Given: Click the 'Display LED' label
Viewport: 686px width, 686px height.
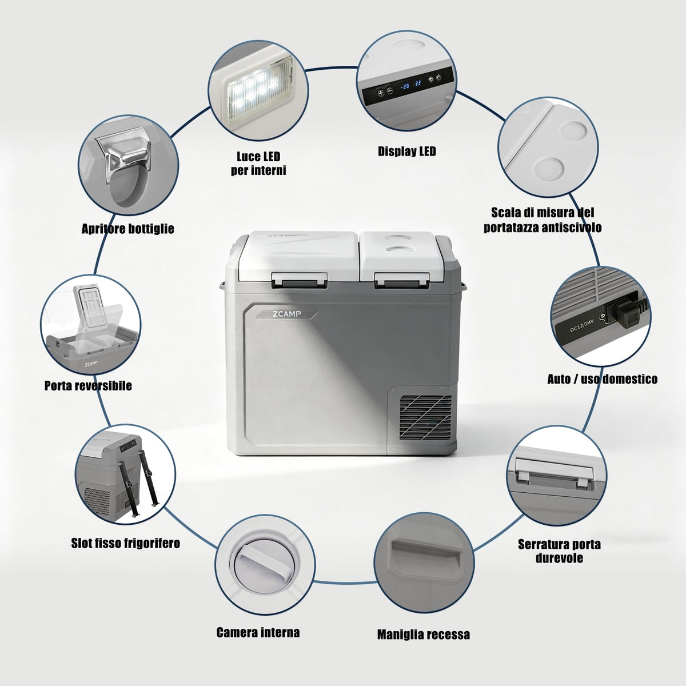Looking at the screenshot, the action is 406,151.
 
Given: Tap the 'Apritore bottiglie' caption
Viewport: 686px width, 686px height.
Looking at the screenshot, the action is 128,229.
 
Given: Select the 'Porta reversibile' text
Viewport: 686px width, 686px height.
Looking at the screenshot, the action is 88,385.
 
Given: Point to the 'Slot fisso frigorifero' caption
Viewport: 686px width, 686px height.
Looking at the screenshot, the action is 125,543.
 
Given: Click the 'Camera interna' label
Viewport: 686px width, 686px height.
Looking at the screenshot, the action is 258,632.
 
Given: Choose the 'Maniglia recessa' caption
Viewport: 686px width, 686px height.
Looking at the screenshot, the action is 423,635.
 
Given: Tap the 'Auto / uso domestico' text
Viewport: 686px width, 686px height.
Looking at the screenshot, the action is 602,379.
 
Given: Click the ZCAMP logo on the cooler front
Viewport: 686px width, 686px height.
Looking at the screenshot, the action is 287,314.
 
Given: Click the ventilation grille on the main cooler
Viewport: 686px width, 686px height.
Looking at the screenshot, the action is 425,417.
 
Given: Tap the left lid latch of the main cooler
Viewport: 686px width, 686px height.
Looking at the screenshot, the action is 300,280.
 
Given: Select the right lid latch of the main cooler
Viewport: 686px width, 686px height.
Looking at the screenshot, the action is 401,280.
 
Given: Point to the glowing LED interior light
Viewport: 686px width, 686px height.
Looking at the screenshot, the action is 259,90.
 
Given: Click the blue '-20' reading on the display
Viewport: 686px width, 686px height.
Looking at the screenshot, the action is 405,86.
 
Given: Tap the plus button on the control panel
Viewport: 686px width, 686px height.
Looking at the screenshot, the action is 381,93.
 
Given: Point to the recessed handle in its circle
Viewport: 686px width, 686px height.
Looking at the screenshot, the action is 424,560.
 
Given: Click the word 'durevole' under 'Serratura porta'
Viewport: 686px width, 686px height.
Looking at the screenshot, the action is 559,558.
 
